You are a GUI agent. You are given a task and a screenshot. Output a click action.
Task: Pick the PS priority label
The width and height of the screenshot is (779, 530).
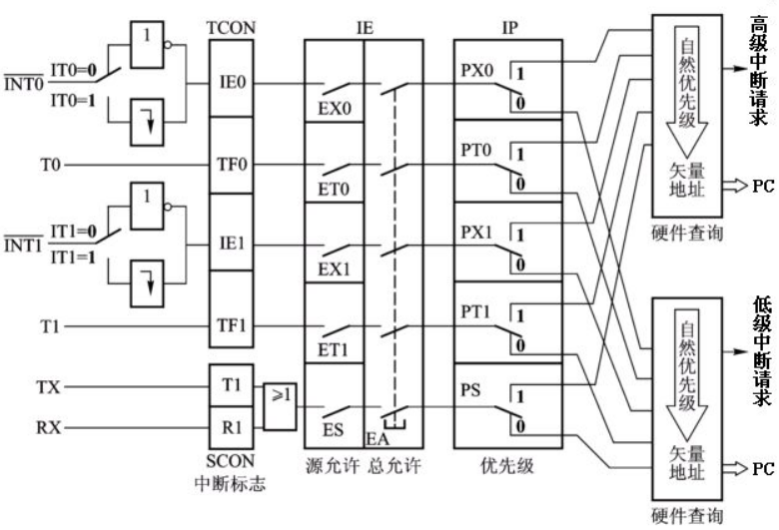pyautogui.click(x=471, y=392)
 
